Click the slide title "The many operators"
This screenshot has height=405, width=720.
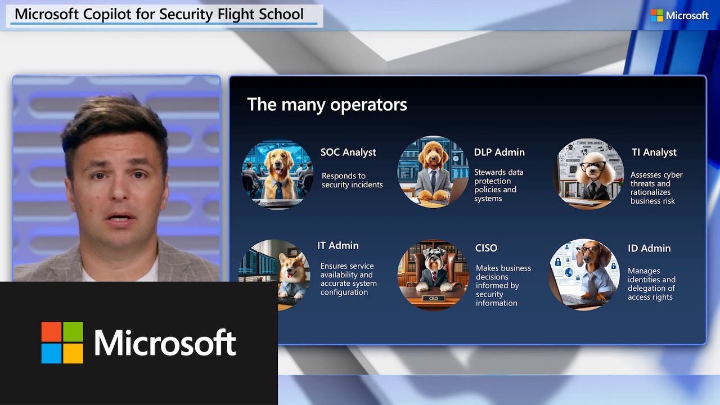(327, 105)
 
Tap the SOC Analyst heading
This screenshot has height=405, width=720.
(348, 152)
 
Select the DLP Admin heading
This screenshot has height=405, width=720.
(499, 152)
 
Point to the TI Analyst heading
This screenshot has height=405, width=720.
(654, 152)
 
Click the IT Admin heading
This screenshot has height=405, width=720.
(337, 246)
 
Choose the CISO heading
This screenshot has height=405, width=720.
(486, 248)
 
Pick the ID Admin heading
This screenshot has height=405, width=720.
(649, 249)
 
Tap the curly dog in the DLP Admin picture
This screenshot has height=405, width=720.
(433, 169)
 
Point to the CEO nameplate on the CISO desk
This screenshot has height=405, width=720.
(433, 299)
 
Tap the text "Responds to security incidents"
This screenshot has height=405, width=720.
(352, 181)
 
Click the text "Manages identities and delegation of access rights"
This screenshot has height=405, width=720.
(651, 284)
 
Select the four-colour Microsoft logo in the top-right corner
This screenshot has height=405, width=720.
(656, 16)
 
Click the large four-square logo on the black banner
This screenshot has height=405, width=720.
(62, 343)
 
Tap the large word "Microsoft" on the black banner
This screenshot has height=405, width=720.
(165, 343)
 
